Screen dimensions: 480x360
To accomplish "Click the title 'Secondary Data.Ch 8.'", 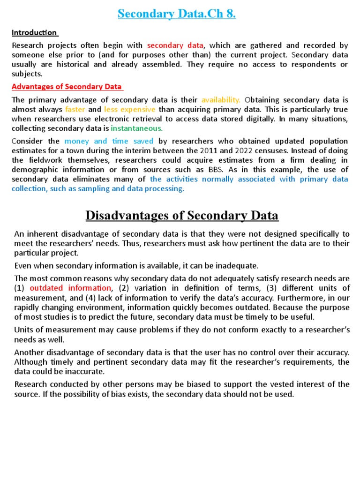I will point(177,14).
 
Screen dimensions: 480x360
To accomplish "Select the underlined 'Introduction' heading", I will point(34,33).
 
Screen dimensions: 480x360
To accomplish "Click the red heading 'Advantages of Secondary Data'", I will point(66,87).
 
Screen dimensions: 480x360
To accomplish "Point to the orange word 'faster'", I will point(75,109).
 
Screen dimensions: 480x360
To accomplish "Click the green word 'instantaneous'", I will point(137,128).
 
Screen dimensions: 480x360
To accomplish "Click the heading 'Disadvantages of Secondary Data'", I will point(182,216).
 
